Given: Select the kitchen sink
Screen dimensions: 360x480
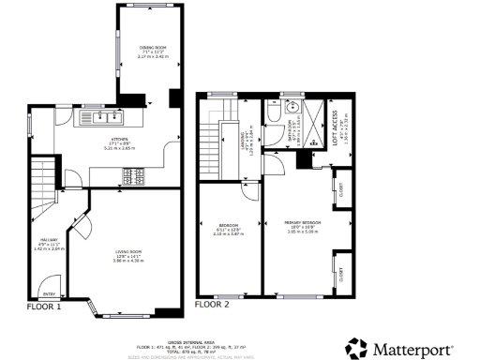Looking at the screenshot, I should click(x=104, y=118).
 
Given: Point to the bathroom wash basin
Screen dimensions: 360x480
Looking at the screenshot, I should click(x=291, y=106).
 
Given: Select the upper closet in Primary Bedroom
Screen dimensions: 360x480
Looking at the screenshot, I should click(x=340, y=189).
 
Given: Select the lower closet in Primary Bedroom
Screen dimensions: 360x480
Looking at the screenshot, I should click(x=340, y=274).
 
